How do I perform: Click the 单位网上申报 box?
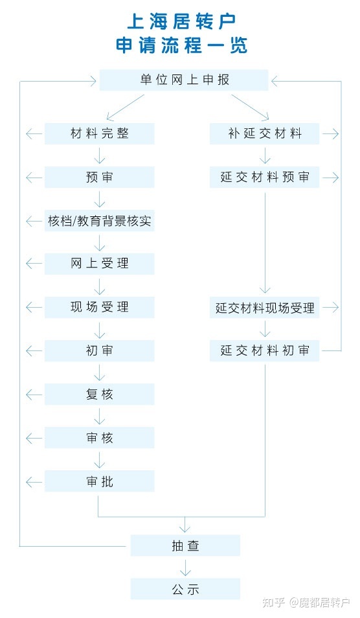tap(184, 80)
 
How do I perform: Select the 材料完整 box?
tap(99, 133)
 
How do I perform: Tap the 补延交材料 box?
tap(264, 133)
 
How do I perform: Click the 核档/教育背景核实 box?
tap(99, 221)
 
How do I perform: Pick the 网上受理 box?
tap(99, 264)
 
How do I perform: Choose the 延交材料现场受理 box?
tap(264, 308)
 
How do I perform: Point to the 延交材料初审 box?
tap(264, 350)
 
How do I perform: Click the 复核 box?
tap(99, 395)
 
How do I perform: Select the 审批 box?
tap(99, 481)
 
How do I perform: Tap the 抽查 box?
tap(186, 545)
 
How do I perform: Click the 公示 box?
tap(186, 589)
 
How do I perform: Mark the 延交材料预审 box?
tap(264, 177)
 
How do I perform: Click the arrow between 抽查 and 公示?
tap(185, 567)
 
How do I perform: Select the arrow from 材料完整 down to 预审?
tap(99, 155)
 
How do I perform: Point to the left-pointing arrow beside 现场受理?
tap(34, 308)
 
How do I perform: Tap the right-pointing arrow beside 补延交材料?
tap(330, 133)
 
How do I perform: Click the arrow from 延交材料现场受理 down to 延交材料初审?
tap(265, 329)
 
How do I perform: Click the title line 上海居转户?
tap(181, 21)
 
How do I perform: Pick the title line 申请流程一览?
tap(181, 45)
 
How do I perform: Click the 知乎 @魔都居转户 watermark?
tap(306, 602)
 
